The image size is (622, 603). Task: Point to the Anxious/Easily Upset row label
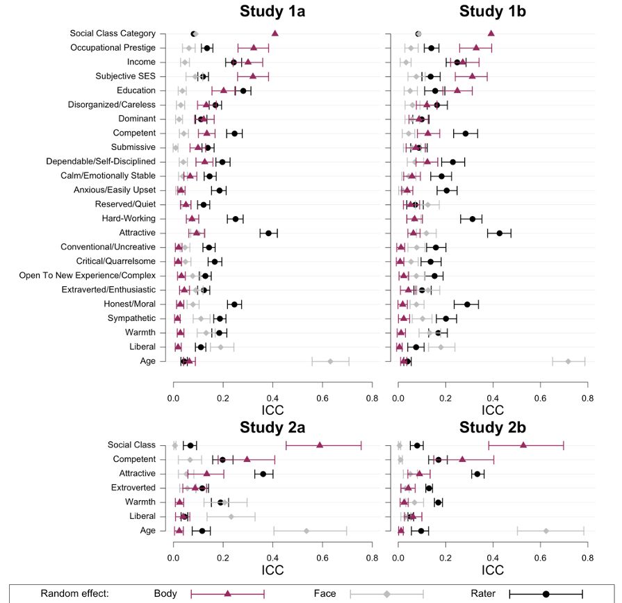pyautogui.click(x=120, y=190)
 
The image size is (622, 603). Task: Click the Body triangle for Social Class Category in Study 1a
pyautogui.click(x=275, y=33)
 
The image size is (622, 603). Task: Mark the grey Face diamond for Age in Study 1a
pyautogui.click(x=331, y=361)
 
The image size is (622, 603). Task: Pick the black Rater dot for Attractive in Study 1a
pyautogui.click(x=269, y=233)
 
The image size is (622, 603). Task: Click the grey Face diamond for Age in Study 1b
pyautogui.click(x=568, y=361)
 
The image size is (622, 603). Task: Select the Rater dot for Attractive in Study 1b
pyautogui.click(x=499, y=233)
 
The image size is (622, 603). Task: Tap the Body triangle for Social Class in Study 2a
pyautogui.click(x=320, y=445)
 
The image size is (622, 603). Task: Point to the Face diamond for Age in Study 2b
pyautogui.click(x=546, y=531)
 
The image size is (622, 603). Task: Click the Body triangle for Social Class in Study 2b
pyautogui.click(x=523, y=445)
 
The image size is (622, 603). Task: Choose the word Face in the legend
pyautogui.click(x=325, y=593)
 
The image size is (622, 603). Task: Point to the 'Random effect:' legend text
pyautogui.click(x=75, y=593)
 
